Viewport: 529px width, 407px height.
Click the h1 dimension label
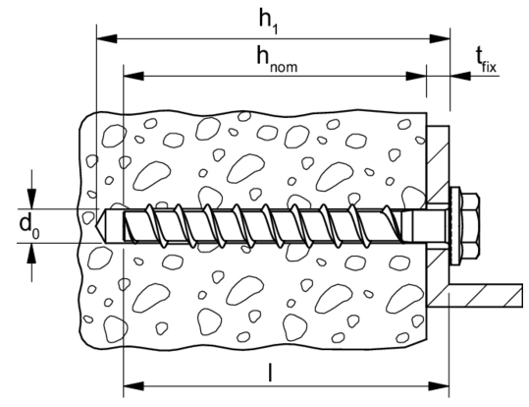[x=268, y=22]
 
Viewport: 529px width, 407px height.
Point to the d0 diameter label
[x=29, y=226]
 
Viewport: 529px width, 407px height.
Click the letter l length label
[x=270, y=373]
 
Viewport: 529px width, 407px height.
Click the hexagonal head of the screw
[x=470, y=226]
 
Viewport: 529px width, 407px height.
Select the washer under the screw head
[x=455, y=226]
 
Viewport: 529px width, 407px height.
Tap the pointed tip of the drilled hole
[x=97, y=226]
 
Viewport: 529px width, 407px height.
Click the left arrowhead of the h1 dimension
[x=107, y=39]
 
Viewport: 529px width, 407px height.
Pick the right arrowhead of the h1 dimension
[x=440, y=39]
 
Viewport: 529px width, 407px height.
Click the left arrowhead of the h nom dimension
[x=133, y=76]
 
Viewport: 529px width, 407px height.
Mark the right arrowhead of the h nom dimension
[x=416, y=76]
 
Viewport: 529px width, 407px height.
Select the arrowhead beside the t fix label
[x=460, y=76]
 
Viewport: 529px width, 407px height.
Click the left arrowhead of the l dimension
[x=133, y=385]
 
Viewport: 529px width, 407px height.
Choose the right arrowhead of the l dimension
[x=439, y=385]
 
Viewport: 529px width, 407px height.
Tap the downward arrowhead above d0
[x=31, y=199]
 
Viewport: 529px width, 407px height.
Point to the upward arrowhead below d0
[x=31, y=254]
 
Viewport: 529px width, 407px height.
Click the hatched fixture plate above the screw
[x=438, y=164]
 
